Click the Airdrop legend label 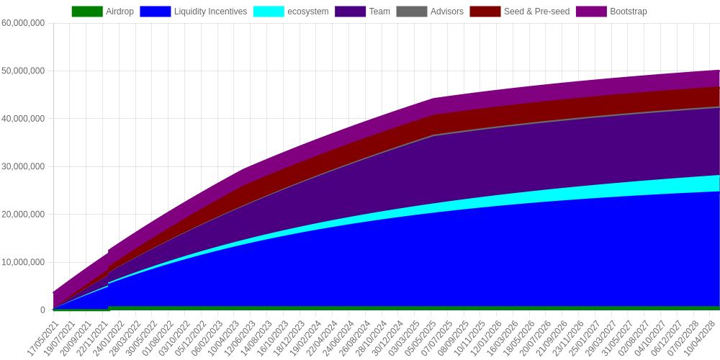(x=120, y=12)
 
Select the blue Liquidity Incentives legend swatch (x=156, y=12)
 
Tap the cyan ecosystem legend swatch (x=269, y=12)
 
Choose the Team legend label (x=379, y=12)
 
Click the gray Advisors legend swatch (x=411, y=12)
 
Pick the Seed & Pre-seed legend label (x=537, y=12)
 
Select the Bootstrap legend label (x=628, y=12)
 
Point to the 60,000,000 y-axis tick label (x=24, y=23)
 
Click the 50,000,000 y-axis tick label (x=24, y=71)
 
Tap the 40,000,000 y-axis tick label (x=24, y=119)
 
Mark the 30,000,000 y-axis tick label (x=24, y=166)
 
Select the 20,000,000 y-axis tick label (x=24, y=215)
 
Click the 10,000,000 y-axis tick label (x=24, y=262)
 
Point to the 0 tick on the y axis (x=42, y=310)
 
